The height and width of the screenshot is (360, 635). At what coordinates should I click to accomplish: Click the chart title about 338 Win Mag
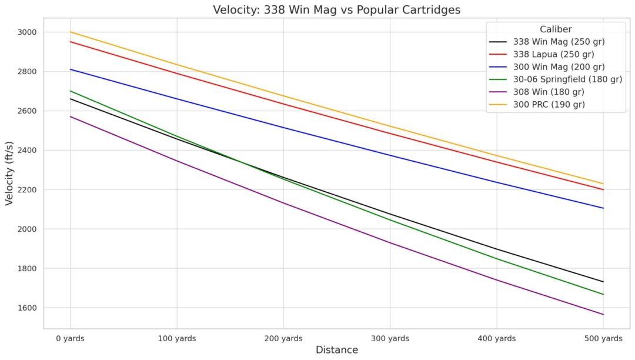tap(336, 9)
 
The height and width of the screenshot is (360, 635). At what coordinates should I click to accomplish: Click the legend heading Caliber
tap(556, 29)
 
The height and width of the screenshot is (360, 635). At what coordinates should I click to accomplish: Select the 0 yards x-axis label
tap(70, 338)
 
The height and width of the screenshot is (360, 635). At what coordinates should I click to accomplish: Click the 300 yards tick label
tap(390, 338)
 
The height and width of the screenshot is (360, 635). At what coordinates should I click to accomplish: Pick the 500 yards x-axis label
tap(603, 338)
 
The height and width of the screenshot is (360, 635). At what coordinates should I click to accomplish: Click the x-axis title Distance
tap(336, 350)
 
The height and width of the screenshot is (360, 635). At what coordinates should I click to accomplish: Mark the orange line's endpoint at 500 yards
tap(603, 184)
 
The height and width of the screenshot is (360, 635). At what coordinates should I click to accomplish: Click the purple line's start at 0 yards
tap(71, 116)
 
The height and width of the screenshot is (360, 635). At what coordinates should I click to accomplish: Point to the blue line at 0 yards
tap(71, 69)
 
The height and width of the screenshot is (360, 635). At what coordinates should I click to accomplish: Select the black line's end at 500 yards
tap(603, 282)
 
